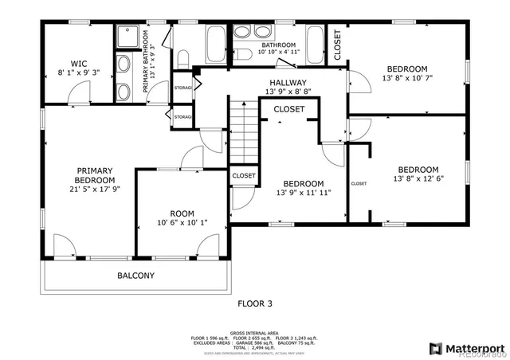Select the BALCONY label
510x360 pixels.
[x=136, y=276]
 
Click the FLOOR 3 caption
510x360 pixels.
[x=256, y=303]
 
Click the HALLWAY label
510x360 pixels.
[x=288, y=82]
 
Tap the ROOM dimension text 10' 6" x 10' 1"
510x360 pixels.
[x=182, y=224]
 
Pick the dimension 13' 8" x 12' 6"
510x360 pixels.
[x=418, y=178]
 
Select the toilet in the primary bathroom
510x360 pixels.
[x=182, y=57]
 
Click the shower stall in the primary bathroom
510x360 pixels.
[x=127, y=37]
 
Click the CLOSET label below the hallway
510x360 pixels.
[x=288, y=109]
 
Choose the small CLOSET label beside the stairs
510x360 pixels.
[x=244, y=176]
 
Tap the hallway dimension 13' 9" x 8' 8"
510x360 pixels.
[x=288, y=92]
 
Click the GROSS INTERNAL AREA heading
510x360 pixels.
[x=255, y=332]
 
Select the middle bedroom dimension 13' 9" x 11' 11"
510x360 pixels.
[x=304, y=193]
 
